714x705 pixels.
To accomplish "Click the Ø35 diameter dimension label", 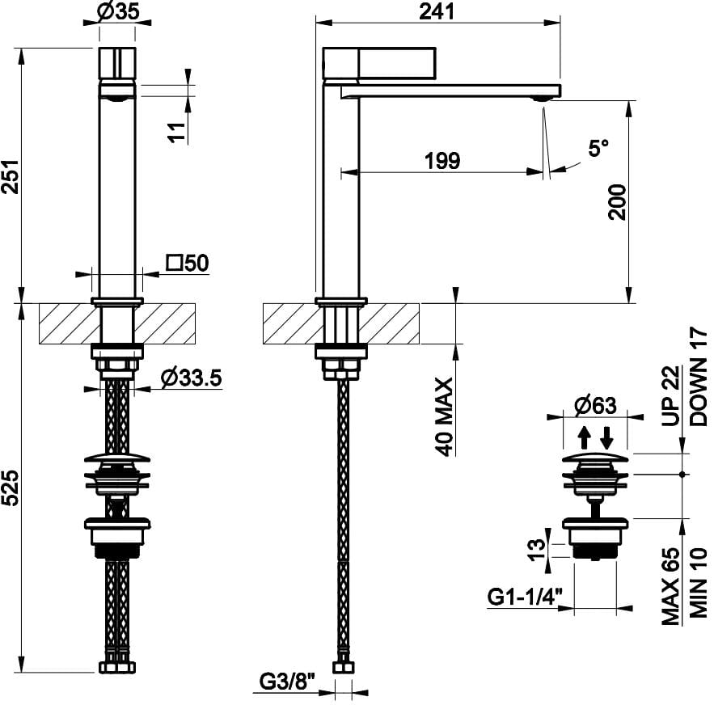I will (117, 12).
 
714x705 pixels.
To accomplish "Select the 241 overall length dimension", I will (437, 11).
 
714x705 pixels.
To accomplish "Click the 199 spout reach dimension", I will (441, 160).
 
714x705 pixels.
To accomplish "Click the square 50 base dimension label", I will (188, 263).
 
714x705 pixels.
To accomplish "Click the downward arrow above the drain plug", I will (606, 437).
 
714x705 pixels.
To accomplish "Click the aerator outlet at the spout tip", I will (541, 99).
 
